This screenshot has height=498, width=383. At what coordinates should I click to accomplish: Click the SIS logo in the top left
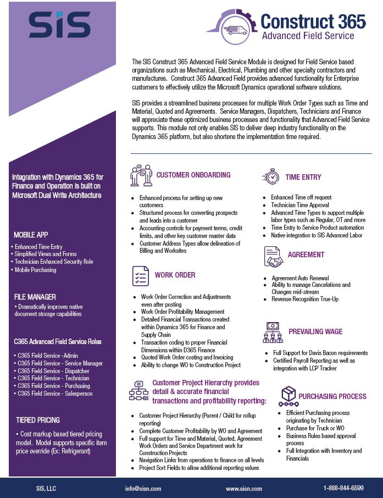(59, 25)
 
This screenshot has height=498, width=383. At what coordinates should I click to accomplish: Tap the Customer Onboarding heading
(193, 175)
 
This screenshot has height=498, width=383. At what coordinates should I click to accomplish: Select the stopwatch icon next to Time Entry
(271, 177)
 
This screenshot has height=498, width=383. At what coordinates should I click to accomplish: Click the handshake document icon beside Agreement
(273, 256)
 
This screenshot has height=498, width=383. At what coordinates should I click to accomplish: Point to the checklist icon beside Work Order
(141, 275)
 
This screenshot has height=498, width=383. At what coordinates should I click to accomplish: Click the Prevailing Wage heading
(315, 332)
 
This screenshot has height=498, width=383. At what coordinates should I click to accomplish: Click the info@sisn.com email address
(142, 488)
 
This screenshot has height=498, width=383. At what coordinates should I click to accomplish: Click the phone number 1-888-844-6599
(343, 488)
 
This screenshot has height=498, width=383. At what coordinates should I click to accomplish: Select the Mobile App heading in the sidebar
(32, 235)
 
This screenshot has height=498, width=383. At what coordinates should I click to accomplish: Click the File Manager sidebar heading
(35, 297)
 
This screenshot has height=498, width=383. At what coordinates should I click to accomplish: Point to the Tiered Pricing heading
(38, 420)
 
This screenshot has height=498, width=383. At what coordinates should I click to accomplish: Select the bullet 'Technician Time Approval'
(300, 205)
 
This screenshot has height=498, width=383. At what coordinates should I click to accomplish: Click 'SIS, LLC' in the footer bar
(46, 488)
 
